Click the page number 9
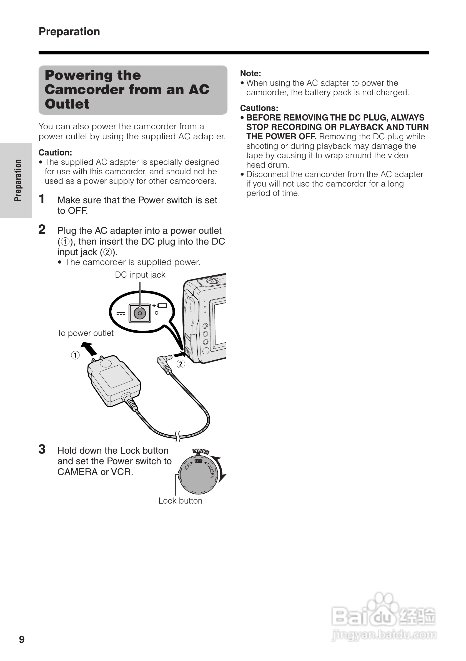pos(22,639)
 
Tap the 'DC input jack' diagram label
pos(140,275)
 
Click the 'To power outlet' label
pos(85,333)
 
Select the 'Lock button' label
pos(180,501)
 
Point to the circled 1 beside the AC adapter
pos(75,355)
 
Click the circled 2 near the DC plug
pos(181,364)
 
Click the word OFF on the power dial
pos(199,461)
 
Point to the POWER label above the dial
pos(201,451)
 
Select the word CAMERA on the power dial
pos(210,470)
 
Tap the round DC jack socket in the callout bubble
pos(140,313)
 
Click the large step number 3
pos(42,449)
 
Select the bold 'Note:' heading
pos(250,73)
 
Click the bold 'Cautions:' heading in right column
pos(259,108)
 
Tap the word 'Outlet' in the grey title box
pos(67,104)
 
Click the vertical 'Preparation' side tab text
pos(18,180)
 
